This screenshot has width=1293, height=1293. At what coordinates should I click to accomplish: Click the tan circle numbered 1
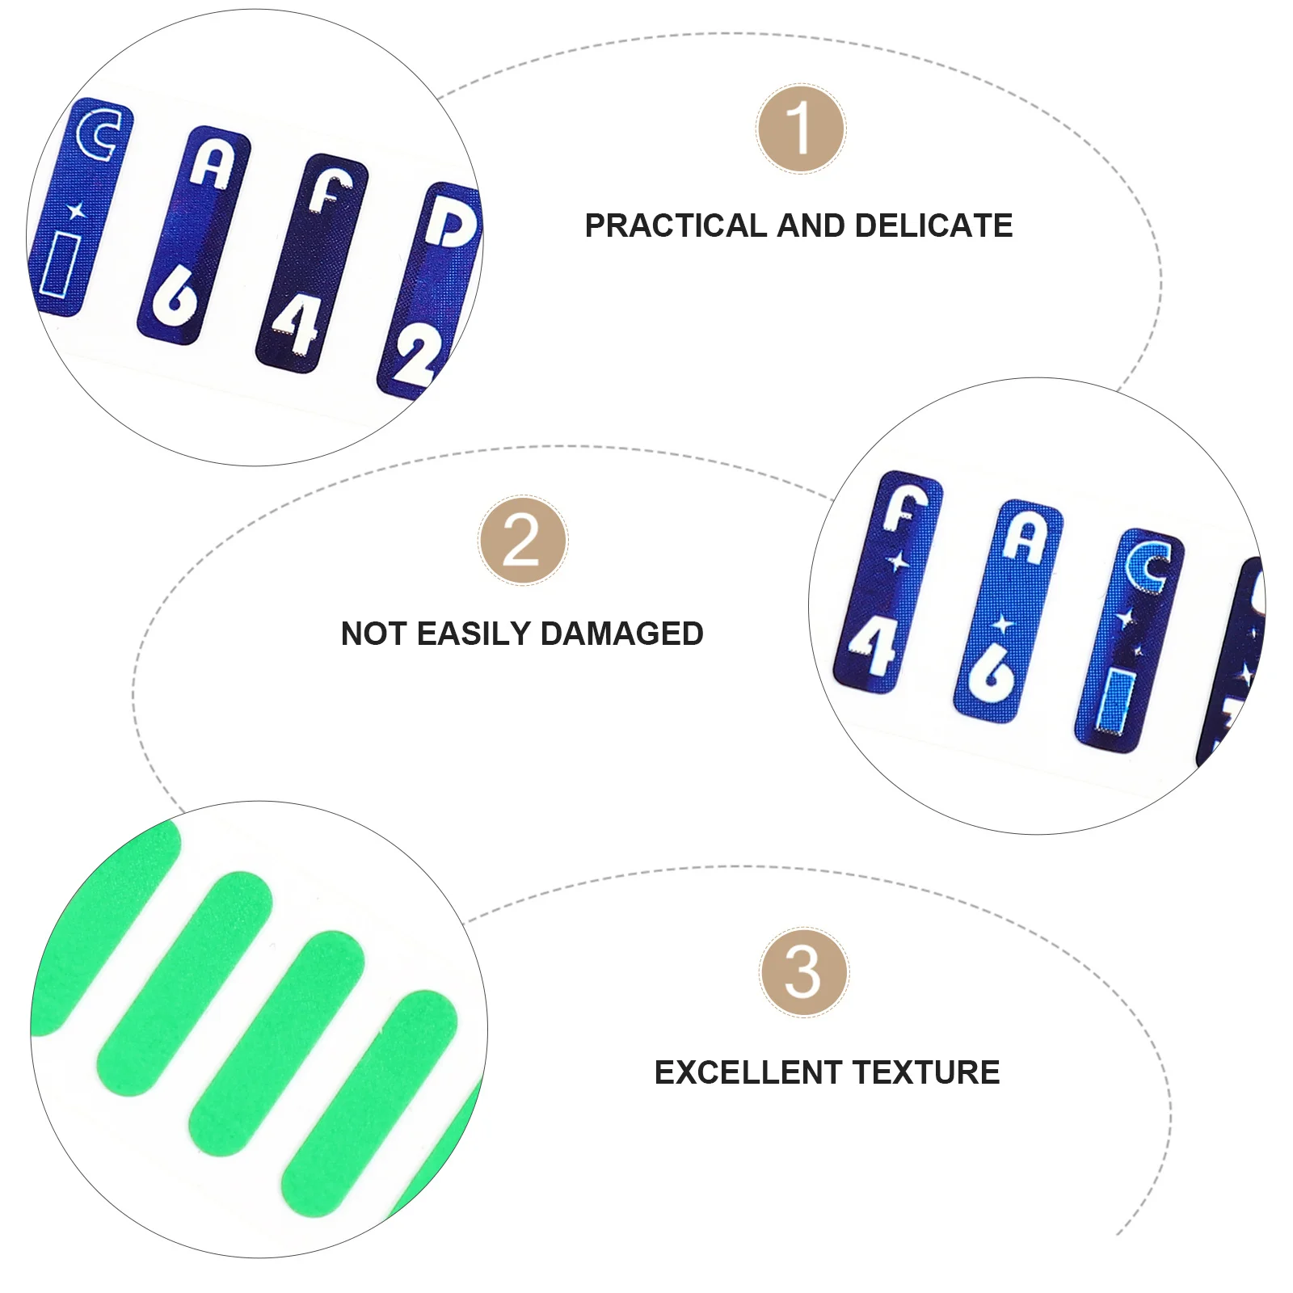coord(800,129)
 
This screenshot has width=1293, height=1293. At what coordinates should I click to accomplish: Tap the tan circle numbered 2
coord(523,541)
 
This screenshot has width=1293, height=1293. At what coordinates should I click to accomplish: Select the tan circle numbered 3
coord(803,972)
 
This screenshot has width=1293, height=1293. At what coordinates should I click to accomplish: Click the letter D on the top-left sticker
coord(449,221)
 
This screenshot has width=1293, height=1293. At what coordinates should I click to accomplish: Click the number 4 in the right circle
coord(873,646)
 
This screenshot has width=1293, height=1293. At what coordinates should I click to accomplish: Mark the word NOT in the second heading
coord(370,634)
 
